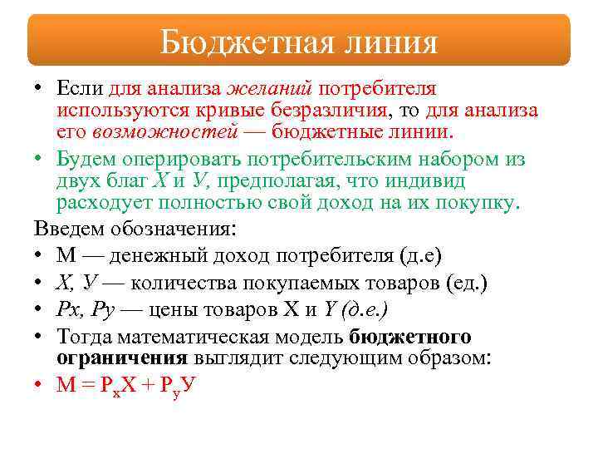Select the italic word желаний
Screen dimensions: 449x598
[x=271, y=88]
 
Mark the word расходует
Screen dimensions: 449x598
[x=103, y=202]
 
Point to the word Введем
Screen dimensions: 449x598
[x=66, y=228]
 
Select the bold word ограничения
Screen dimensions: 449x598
[x=121, y=358]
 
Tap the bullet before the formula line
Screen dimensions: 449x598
[x=39, y=385]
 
